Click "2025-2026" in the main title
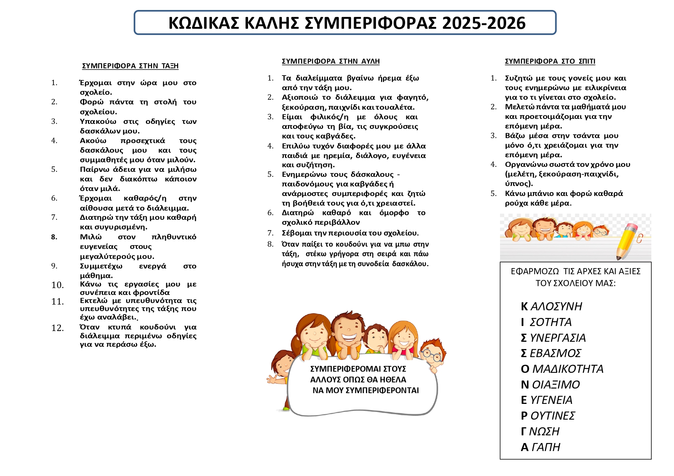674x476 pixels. tap(484, 23)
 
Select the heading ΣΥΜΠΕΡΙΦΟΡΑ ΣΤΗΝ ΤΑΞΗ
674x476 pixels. tap(130, 66)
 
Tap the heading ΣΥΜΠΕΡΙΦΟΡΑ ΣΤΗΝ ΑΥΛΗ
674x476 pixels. tap(331, 61)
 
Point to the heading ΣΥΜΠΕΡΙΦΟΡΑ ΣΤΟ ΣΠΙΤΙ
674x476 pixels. tap(550, 61)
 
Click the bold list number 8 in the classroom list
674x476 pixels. tap(54, 237)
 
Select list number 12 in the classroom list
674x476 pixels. tap(57, 328)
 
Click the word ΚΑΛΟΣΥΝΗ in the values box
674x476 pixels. tap(551, 306)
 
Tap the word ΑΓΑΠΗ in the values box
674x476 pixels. tap(540, 447)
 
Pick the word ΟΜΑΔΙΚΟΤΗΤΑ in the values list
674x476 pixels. tap(562, 369)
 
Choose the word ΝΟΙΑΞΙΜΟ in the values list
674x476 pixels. tap(550, 385)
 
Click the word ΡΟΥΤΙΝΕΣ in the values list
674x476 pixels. tap(548, 416)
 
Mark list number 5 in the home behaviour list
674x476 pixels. tap(493, 194)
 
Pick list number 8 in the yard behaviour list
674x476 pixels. tap(270, 244)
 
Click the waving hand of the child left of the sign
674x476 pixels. tap(272, 379)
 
